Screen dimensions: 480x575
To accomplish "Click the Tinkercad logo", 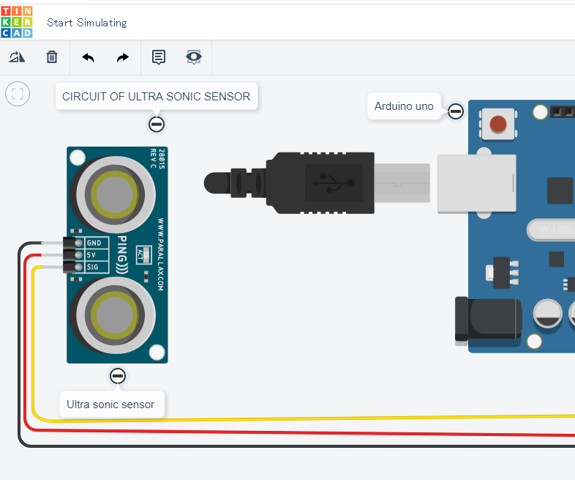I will tap(17, 22).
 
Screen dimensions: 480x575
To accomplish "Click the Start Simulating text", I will tap(86, 23).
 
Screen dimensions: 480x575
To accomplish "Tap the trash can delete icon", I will tap(52, 57).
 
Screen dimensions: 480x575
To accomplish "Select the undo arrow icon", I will tap(88, 57).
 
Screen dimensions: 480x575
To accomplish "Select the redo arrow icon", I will tap(123, 57).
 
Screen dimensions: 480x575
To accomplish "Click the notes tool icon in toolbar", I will tap(159, 57).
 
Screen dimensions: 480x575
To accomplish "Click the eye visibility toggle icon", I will tap(194, 57).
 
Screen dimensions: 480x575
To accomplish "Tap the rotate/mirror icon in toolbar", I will tap(17, 57).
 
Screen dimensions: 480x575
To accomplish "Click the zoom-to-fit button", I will tap(18, 94).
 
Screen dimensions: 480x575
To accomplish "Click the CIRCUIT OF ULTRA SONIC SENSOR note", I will tap(156, 97).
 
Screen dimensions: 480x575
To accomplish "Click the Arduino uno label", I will tap(404, 106).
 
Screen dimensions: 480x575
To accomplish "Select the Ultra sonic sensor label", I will tap(110, 404).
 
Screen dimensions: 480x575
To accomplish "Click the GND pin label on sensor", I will tap(94, 243).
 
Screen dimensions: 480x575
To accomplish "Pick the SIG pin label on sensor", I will tap(94, 267).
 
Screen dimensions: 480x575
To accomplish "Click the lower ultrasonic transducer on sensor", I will tap(113, 314).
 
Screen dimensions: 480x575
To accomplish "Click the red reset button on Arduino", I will tap(498, 124).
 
